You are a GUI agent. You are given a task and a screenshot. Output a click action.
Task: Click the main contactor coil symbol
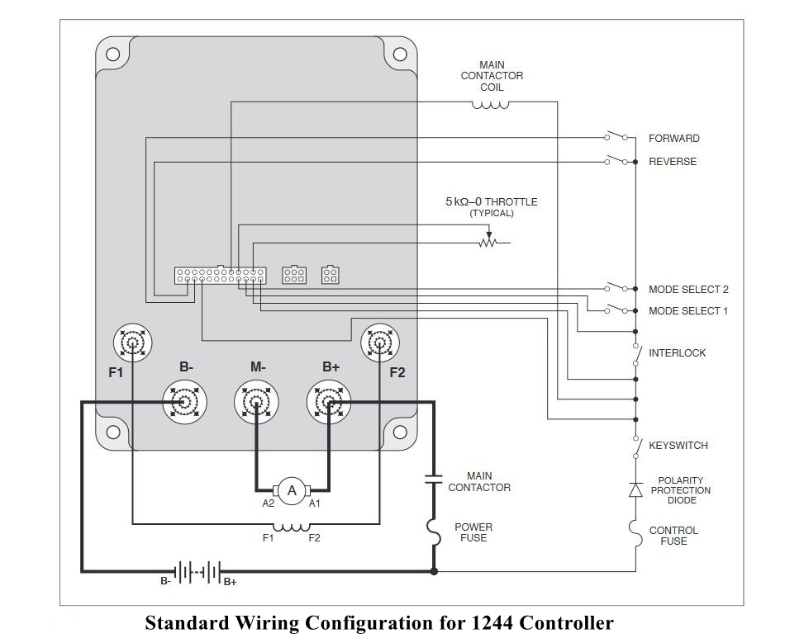491,105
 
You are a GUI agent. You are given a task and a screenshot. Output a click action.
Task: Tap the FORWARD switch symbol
616,136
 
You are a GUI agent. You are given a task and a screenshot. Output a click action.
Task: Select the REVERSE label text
673,162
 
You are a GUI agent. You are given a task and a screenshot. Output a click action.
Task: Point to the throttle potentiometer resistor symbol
488,243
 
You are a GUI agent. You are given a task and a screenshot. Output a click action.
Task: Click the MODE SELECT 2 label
688,290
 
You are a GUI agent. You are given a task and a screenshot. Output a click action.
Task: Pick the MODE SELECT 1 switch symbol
616,309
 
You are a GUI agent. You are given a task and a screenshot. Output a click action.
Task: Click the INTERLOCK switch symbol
636,355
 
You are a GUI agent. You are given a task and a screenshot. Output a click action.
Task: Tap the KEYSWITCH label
678,446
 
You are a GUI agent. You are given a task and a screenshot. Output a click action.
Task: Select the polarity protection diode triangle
635,489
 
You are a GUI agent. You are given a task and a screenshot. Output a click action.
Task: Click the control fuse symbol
635,533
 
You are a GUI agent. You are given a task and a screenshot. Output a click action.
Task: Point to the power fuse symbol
434,532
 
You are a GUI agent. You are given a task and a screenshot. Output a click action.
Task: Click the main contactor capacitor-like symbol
434,479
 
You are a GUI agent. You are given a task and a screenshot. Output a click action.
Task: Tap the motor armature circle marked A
292,490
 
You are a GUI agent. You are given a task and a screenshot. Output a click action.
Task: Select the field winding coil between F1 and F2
292,527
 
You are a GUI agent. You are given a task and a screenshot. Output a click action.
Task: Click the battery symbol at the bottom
197,571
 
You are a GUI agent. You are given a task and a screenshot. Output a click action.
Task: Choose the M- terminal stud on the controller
256,402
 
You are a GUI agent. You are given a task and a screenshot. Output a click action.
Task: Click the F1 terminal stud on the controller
132,343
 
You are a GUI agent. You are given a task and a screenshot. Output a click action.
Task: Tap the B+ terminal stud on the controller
328,402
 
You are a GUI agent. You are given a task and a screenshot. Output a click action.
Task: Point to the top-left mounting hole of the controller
112,54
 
